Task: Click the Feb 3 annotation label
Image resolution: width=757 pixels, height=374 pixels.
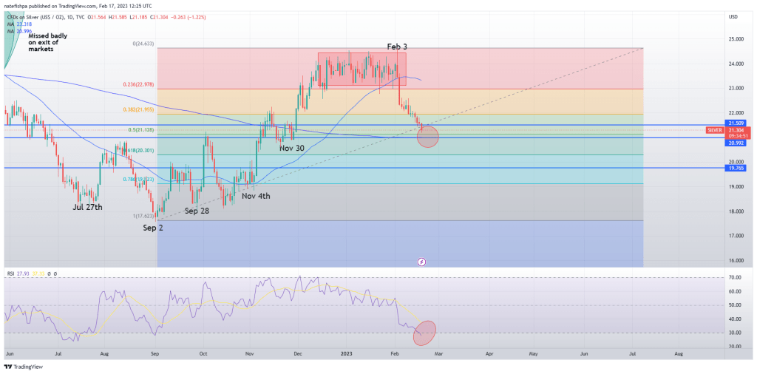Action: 396,47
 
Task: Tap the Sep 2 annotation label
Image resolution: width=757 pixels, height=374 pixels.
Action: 153,228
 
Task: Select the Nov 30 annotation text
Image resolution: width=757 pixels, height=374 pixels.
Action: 291,148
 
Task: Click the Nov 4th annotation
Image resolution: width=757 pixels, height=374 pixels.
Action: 256,196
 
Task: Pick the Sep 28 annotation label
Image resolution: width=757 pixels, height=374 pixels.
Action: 197,211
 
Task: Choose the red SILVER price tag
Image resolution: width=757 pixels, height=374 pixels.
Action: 716,130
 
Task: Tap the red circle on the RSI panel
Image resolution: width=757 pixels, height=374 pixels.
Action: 427,332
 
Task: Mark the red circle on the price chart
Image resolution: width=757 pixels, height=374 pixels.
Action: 427,136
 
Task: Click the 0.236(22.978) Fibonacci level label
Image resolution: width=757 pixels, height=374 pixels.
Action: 140,85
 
